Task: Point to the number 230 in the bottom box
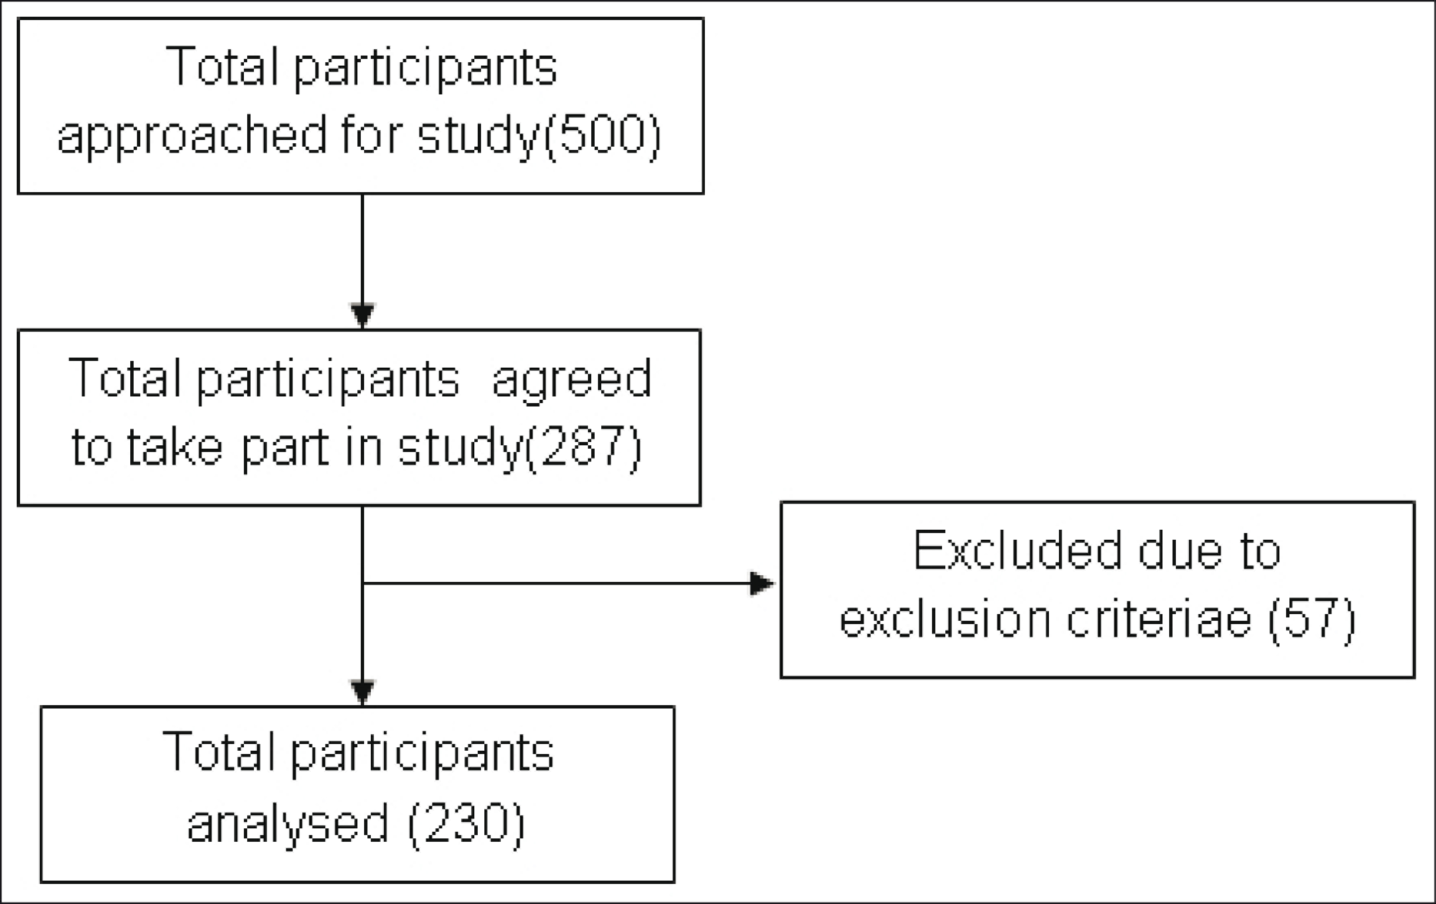click(466, 823)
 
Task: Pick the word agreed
click(571, 382)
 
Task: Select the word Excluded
click(1017, 550)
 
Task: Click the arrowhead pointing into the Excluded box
click(762, 583)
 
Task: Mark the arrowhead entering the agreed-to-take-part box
click(362, 315)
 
